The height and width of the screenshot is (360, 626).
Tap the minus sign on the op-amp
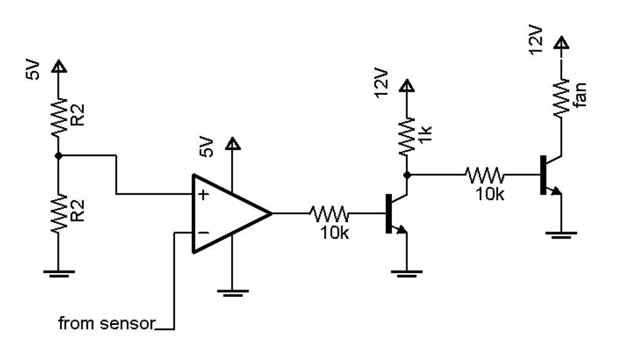[202, 233]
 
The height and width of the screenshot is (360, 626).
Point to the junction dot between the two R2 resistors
[58, 156]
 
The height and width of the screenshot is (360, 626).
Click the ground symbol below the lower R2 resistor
[58, 274]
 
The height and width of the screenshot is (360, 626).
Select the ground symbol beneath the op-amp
[232, 292]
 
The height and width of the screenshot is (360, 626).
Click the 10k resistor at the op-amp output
[330, 214]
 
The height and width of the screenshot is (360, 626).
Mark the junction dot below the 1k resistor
[406, 175]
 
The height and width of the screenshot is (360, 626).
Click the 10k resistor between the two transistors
[485, 175]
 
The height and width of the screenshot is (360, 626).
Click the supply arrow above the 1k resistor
[406, 87]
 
